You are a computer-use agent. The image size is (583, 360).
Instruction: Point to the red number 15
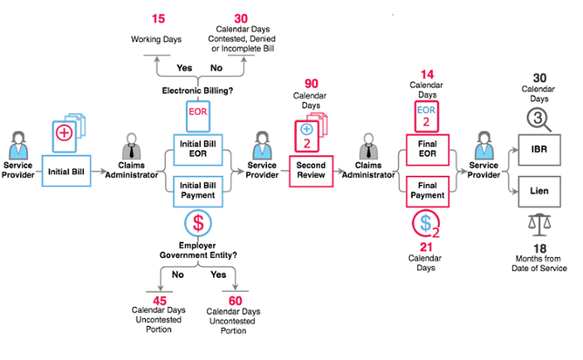pos(158,18)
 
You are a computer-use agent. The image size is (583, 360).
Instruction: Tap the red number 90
pos(312,83)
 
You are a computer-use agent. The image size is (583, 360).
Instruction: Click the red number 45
pos(159,301)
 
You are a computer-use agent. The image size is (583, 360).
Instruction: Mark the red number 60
pos(235,301)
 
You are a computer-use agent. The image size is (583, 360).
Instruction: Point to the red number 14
pos(427,75)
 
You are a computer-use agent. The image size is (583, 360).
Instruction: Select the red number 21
pos(426,247)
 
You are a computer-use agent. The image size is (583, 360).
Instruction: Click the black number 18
pos(539,249)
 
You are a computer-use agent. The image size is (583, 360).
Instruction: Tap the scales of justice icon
pos(539,224)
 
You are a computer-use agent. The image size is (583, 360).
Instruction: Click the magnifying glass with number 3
pos(538,119)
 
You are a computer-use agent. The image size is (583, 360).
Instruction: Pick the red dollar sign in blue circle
pos(199,223)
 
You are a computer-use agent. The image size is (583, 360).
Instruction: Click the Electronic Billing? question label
pos(198,90)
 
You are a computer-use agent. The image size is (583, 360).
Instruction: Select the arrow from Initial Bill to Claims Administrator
pos(99,171)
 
